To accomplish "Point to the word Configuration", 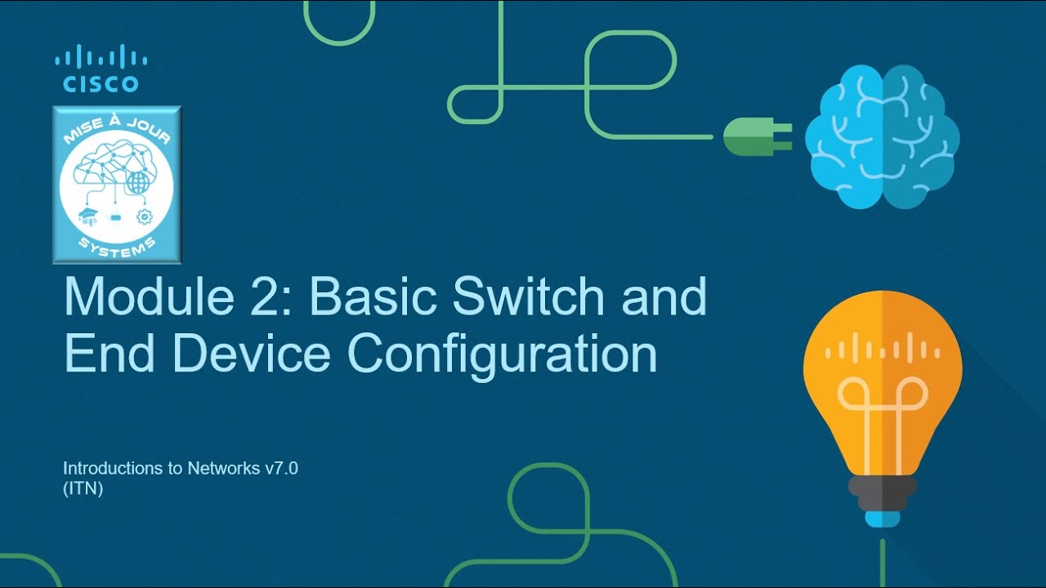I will (502, 355).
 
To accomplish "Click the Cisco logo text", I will (101, 83).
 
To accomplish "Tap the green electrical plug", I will (755, 137).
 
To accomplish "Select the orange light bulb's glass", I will (883, 367).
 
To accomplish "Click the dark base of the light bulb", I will (882, 490).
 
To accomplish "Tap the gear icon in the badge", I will (145, 216).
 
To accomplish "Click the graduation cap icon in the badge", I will (87, 216).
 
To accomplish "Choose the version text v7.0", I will (281, 469).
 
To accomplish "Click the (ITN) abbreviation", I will (83, 490).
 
